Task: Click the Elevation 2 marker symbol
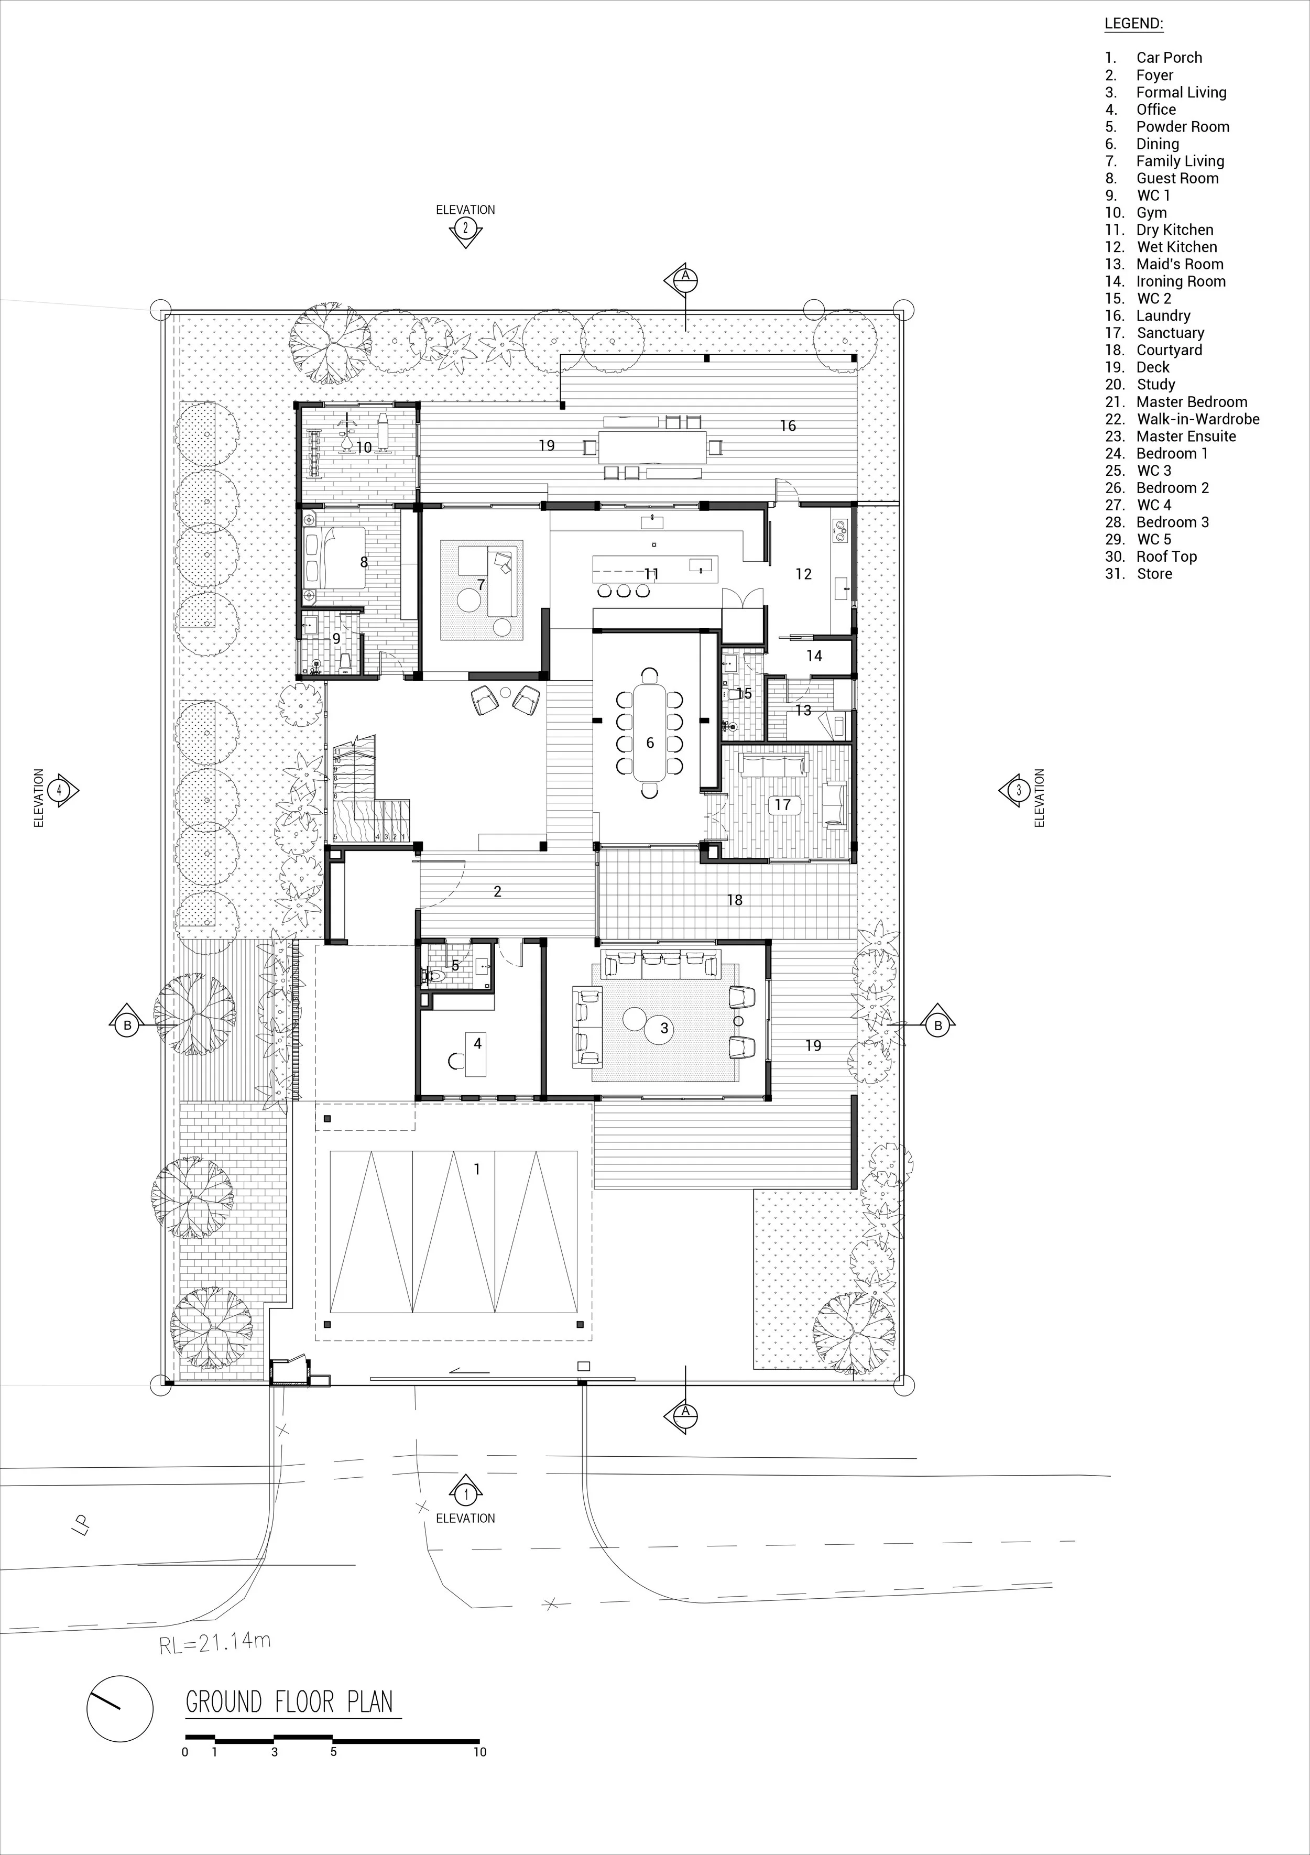coord(465,228)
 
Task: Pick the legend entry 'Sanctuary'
coord(1170,333)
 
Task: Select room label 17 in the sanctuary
coord(782,805)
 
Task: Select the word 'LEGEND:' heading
coord(1134,24)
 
